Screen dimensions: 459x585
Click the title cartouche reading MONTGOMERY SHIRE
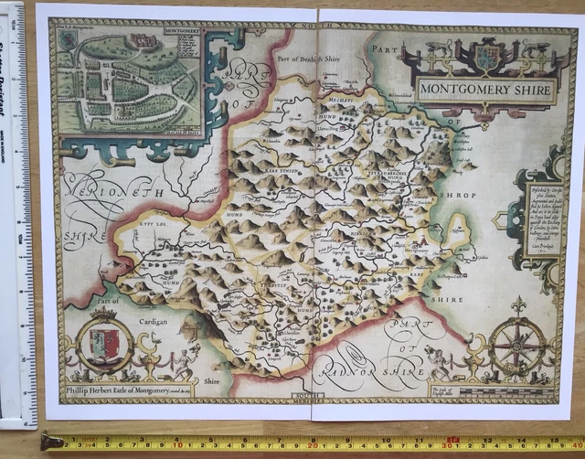tap(486, 90)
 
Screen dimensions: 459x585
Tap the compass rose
tap(516, 345)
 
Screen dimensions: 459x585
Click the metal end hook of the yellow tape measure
tap(51, 443)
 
